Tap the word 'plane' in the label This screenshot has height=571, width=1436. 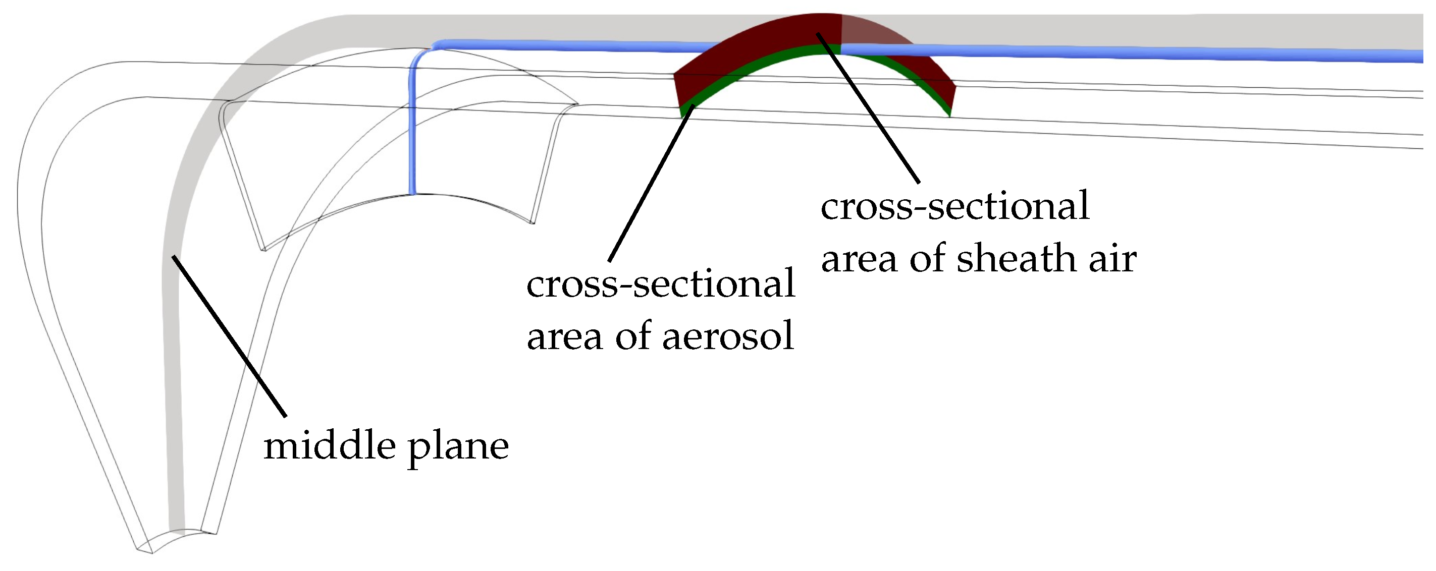pos(458,448)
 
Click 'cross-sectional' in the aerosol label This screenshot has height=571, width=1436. pos(661,283)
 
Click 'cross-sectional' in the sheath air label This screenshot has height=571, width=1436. pos(955,206)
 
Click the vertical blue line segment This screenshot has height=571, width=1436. pos(412,128)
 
